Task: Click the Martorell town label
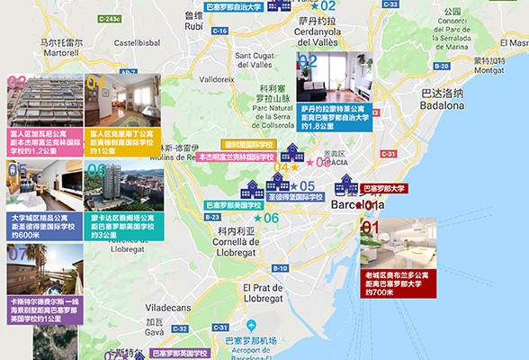click(62, 47)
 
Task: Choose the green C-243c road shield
click(109, 18)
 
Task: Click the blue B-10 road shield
click(280, 268)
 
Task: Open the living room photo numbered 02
click(334, 77)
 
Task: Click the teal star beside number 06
click(259, 218)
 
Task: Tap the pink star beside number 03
click(311, 162)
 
